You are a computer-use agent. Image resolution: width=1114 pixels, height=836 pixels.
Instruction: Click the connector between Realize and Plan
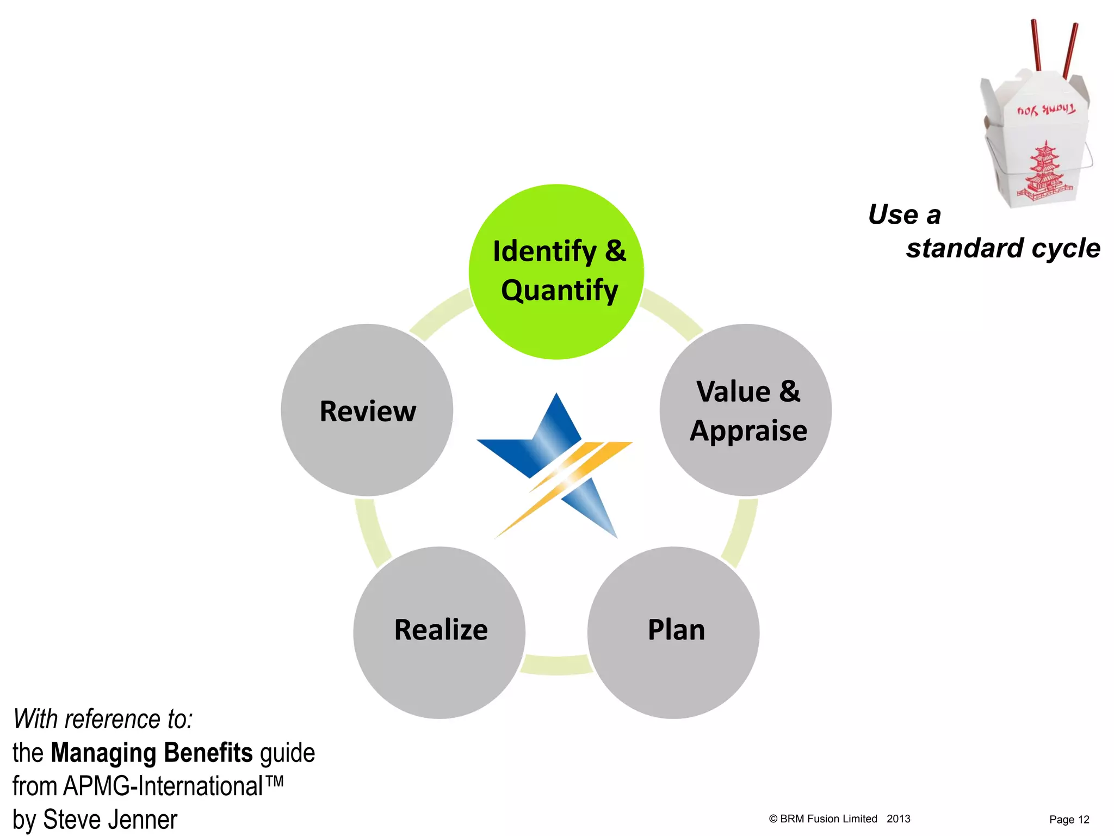point(556,665)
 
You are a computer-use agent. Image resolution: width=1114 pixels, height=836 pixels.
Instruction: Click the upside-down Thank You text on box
point(1045,110)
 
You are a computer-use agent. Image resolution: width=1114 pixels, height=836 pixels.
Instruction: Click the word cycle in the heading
point(1066,249)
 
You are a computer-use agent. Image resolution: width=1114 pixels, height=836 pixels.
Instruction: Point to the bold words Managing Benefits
point(152,753)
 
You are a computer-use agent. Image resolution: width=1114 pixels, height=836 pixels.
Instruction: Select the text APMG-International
point(163,786)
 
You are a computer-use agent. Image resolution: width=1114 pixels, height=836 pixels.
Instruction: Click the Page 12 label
point(1069,819)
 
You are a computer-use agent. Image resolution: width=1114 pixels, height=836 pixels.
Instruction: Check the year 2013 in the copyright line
point(898,819)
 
